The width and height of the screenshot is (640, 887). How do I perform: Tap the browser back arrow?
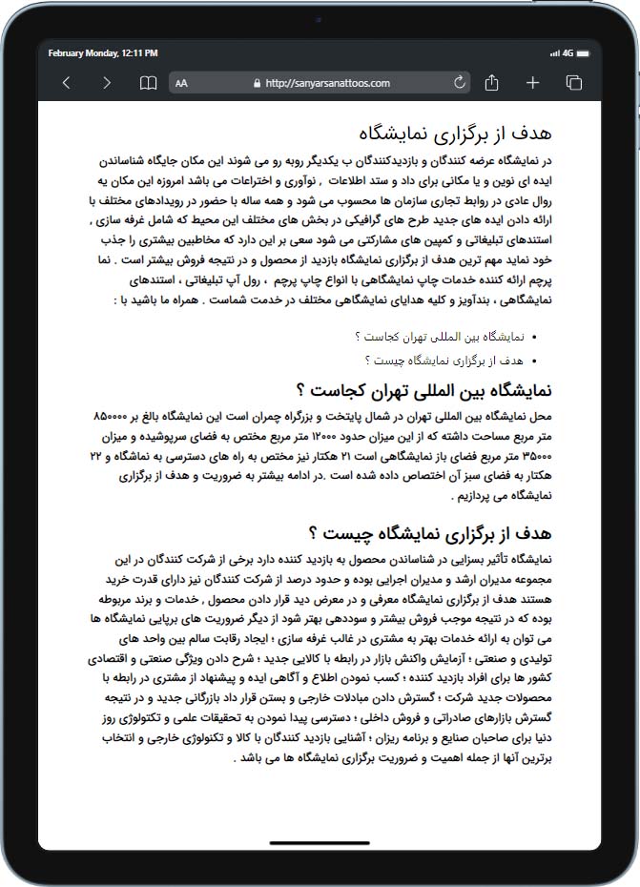[x=66, y=83]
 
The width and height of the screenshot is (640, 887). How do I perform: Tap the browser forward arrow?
[x=106, y=83]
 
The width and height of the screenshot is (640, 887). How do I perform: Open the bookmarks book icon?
[x=148, y=83]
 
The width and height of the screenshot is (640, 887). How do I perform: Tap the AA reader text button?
[x=181, y=83]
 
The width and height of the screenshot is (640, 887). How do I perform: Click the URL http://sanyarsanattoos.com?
[x=327, y=83]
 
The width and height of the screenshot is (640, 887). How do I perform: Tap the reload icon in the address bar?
[x=460, y=83]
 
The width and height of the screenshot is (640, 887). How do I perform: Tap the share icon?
[x=492, y=83]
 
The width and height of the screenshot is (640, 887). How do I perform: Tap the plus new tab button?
[x=533, y=83]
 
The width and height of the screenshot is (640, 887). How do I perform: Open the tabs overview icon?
[x=574, y=83]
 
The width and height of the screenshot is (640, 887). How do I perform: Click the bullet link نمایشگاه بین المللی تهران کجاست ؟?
[x=440, y=337]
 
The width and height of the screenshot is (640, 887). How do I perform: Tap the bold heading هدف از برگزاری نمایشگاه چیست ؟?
[x=430, y=532]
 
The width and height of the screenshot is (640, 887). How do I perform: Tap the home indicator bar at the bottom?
[x=320, y=842]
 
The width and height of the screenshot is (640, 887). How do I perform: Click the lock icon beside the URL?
[x=258, y=83]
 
